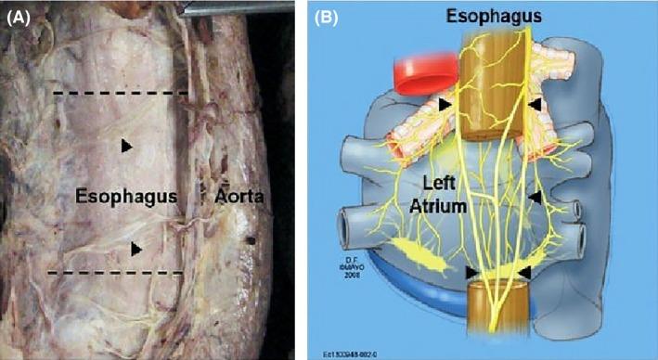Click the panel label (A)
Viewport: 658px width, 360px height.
pos(19,15)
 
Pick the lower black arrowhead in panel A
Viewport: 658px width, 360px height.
pos(136,248)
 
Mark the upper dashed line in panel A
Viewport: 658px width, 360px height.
pos(121,94)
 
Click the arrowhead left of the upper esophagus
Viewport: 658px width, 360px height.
pos(449,103)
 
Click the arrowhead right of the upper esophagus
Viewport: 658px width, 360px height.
pos(535,104)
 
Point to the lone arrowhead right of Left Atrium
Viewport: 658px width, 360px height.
pos(535,197)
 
